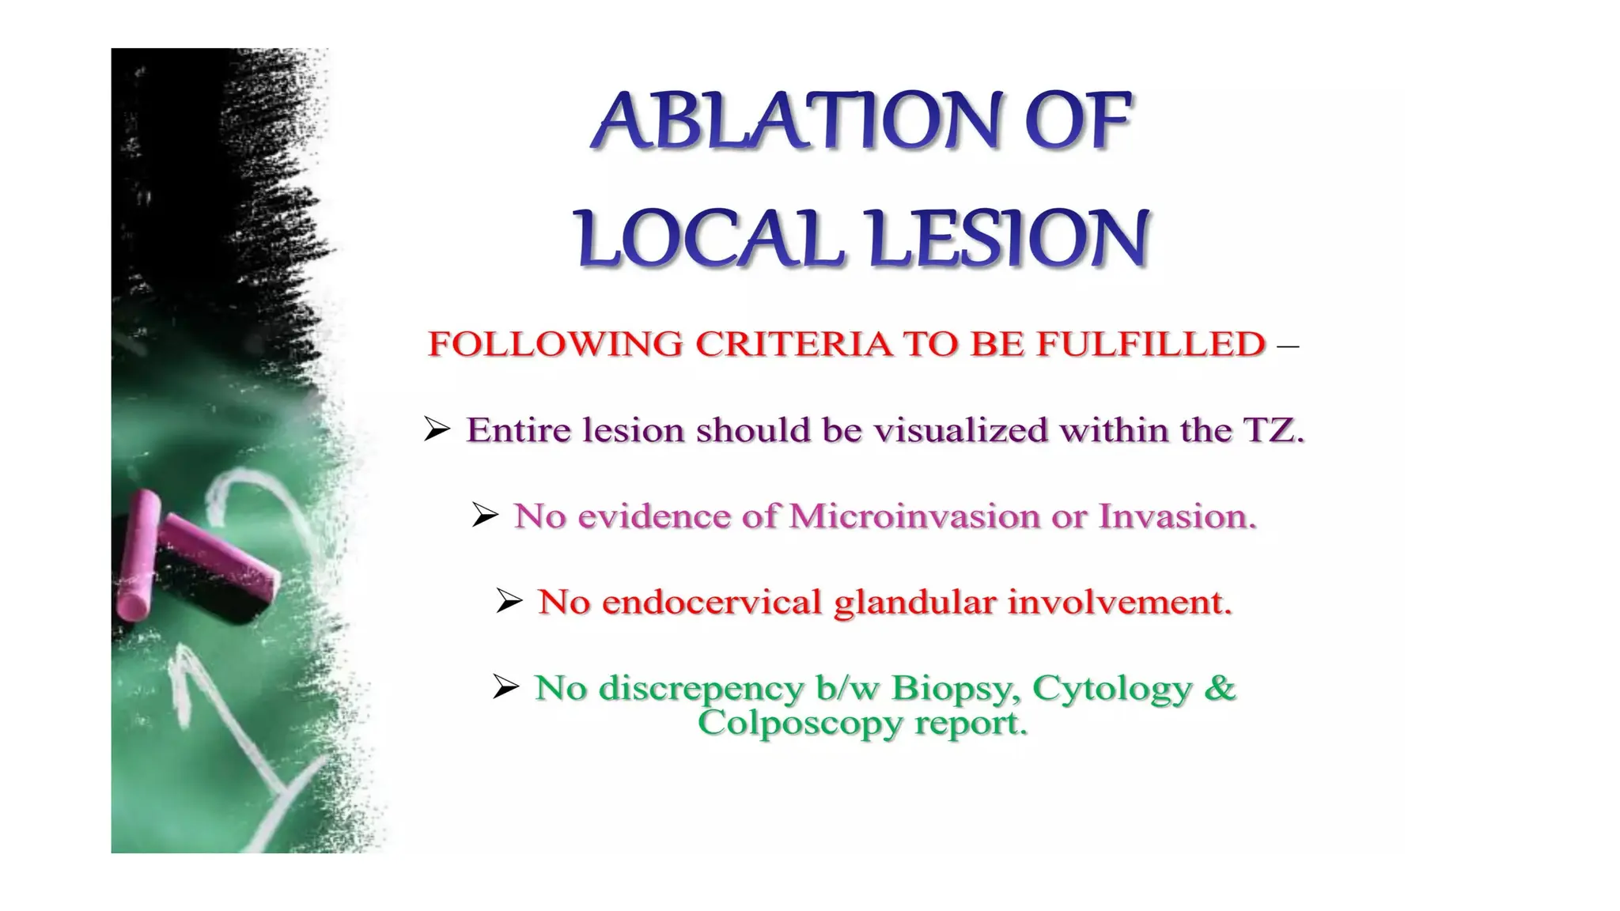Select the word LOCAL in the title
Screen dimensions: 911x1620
pyautogui.click(x=708, y=239)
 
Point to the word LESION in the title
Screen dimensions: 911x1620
pyautogui.click(x=1008, y=239)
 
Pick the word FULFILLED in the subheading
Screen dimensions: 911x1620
pyautogui.click(x=1151, y=344)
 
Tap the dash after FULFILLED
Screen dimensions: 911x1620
pyautogui.click(x=1288, y=346)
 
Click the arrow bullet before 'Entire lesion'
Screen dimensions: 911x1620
pyautogui.click(x=437, y=429)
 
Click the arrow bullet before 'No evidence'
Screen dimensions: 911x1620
pyautogui.click(x=485, y=515)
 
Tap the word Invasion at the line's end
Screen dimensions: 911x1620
pyautogui.click(x=1177, y=516)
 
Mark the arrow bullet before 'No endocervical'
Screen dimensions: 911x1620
pyautogui.click(x=509, y=601)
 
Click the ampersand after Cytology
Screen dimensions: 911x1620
pyautogui.click(x=1220, y=687)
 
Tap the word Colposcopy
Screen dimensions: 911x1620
pyautogui.click(x=800, y=723)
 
